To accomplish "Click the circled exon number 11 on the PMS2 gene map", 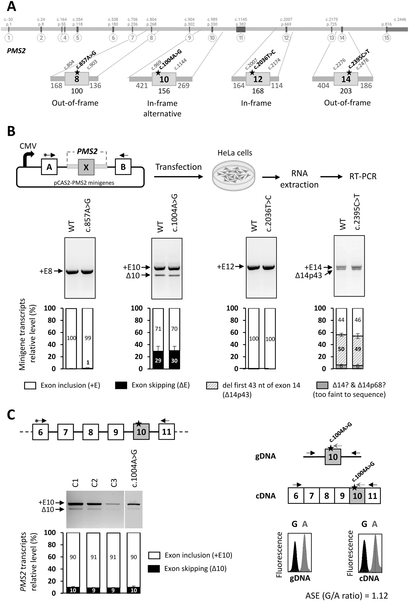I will coord(241,38).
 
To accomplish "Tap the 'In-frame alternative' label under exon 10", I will coord(162,108).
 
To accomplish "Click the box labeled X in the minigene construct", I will coord(86,167).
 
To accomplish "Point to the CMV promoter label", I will coord(28,146).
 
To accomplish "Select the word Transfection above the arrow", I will coord(178,167).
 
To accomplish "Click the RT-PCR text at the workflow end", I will coord(363,176).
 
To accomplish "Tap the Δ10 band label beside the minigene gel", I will coord(133,276).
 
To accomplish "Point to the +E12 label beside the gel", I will coord(225,267).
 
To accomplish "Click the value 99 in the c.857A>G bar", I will coord(88,338).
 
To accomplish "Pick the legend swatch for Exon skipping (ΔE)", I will coord(121,386).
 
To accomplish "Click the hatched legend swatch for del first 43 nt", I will coord(212,386).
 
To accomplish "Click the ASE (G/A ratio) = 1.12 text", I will coord(347,595).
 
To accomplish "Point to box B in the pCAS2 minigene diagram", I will coord(123,167).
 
